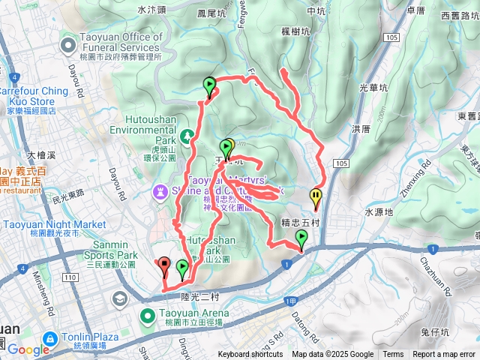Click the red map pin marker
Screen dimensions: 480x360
164,265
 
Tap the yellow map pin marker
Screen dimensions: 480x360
316,196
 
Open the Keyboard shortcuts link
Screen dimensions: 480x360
250,355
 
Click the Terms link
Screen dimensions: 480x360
393,355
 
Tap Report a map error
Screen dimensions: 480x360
444,355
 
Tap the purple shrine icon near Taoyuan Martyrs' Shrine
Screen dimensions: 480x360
161,193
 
